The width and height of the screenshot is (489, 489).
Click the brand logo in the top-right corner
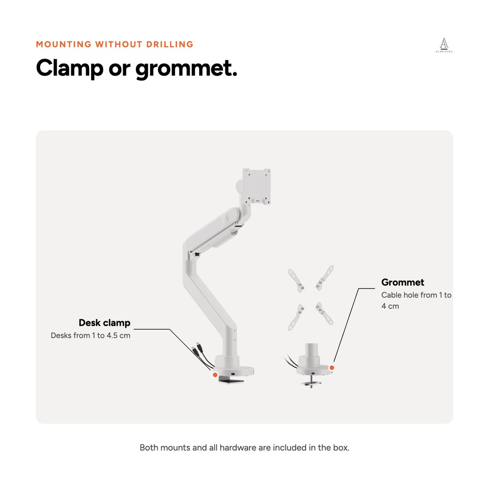coord(444,45)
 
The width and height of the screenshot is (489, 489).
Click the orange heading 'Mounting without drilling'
coord(115,44)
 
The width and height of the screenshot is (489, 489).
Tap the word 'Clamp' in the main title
coord(69,68)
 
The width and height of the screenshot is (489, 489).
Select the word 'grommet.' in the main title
coord(186,69)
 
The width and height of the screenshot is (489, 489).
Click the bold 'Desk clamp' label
coord(105,323)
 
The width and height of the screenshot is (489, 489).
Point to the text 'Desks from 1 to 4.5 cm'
coord(90,335)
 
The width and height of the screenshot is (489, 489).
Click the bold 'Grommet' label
coord(402,282)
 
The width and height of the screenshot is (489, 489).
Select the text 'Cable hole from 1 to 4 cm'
coord(416,300)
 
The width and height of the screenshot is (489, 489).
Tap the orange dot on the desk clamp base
coord(215,375)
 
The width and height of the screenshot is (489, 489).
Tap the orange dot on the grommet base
coord(332,368)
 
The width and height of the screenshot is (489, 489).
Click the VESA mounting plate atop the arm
coord(256,186)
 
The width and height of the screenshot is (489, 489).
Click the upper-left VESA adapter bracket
coord(296,280)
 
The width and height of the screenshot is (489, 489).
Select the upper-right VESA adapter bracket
coord(325,277)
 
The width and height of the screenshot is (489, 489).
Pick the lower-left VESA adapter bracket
coord(296,317)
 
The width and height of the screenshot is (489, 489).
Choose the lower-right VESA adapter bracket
coord(324,313)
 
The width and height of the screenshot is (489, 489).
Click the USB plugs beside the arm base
coord(198,349)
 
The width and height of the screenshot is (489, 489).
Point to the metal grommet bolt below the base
coord(311,381)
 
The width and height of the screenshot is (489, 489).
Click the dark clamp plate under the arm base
coord(231,380)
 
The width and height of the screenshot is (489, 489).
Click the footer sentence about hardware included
coord(244,448)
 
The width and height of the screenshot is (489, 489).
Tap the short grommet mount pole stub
coord(311,351)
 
